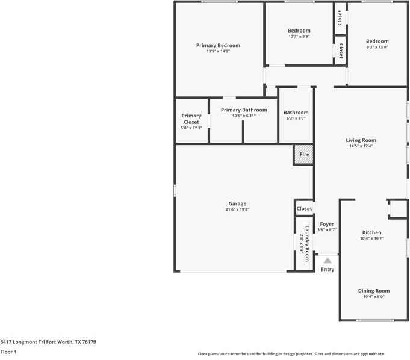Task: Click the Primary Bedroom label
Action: tap(218, 45)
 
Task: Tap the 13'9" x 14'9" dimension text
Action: tap(218, 52)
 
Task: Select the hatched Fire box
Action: tap(304, 154)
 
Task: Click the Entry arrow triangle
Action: tap(327, 261)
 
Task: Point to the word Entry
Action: tap(327, 270)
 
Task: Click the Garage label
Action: tap(237, 203)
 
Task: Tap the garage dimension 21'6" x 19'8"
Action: tap(237, 209)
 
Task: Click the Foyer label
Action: tap(327, 224)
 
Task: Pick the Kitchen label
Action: tap(371, 232)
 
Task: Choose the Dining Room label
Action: tap(373, 291)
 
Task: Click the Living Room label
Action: tap(361, 140)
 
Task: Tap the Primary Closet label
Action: tap(191, 119)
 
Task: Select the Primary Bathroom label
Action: tap(244, 110)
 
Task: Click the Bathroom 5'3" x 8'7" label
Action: tap(296, 113)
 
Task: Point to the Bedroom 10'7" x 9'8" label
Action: tap(299, 31)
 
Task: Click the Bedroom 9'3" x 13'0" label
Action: tap(377, 42)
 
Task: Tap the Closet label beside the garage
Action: tap(304, 209)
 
